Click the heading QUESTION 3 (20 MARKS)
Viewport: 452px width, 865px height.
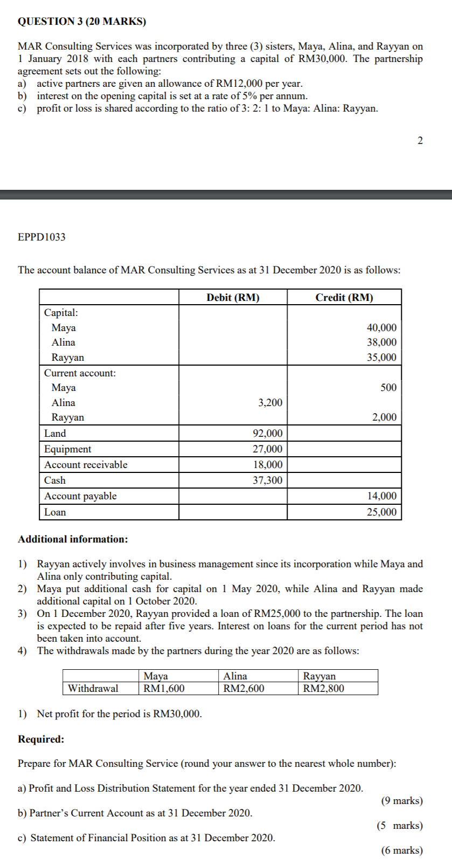pyautogui.click(x=82, y=22)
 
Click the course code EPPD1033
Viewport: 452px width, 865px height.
pyautogui.click(x=41, y=237)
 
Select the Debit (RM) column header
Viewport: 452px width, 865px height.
pyautogui.click(x=233, y=297)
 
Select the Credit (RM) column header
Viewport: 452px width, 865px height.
pyautogui.click(x=344, y=297)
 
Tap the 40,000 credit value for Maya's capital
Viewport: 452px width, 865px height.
pyautogui.click(x=381, y=327)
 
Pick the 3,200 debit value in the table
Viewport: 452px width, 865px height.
pyautogui.click(x=270, y=402)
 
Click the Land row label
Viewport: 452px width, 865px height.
pyautogui.click(x=55, y=433)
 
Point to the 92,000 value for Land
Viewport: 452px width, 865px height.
pyautogui.click(x=268, y=433)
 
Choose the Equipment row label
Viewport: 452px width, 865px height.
pyautogui.click(x=68, y=449)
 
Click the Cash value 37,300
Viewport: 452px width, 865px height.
pyautogui.click(x=268, y=480)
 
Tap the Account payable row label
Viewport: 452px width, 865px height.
pyautogui.click(x=80, y=496)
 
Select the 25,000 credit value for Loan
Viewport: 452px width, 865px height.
pyautogui.click(x=381, y=512)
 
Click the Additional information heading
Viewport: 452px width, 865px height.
pyautogui.click(x=73, y=539)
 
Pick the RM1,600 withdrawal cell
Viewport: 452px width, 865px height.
pyautogui.click(x=164, y=688)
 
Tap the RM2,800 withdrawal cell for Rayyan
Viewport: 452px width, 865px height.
pyautogui.click(x=323, y=688)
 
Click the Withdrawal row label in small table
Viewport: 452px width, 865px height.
pyautogui.click(x=93, y=688)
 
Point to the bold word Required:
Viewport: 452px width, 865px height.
pyautogui.click(x=41, y=739)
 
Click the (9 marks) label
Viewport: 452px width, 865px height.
pyautogui.click(x=402, y=800)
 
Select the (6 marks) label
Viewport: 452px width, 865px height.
pyautogui.click(x=402, y=850)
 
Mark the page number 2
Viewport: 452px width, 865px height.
pyautogui.click(x=420, y=141)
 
